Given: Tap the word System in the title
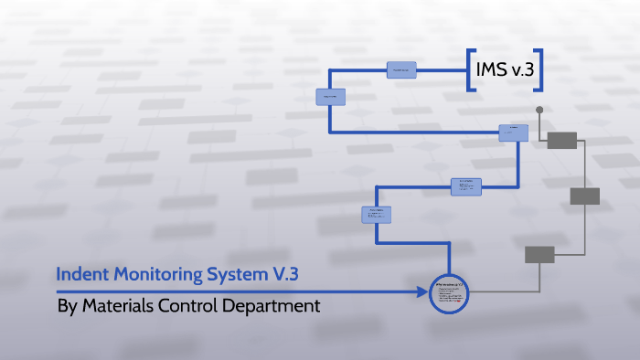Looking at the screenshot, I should coord(227,273).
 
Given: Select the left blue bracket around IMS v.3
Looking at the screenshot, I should coord(470,69).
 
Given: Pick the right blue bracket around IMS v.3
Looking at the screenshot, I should coord(539,69).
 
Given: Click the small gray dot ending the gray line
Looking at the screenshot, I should coord(539,110).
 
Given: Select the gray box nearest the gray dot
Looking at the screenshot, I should coord(561,140).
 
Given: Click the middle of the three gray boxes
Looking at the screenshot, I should coord(584,196).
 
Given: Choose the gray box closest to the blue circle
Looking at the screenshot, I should coord(539,254).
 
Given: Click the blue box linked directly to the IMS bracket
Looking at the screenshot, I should coord(401,69).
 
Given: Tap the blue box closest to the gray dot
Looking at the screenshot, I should coord(513,132).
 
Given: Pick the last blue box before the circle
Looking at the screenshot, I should coord(377,215).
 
